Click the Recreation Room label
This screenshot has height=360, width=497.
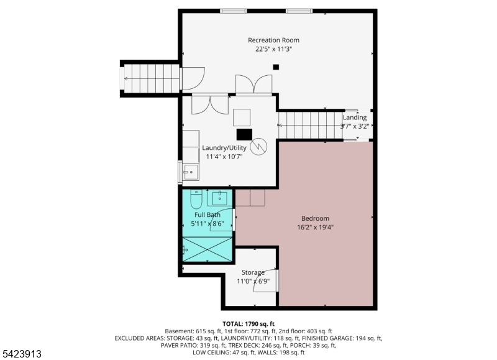[x=273, y=40]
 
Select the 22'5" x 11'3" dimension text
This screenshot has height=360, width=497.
[x=273, y=49]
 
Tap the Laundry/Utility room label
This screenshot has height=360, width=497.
[x=224, y=148]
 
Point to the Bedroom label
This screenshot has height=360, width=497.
[x=315, y=218]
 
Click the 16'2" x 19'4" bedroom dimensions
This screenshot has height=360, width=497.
[x=315, y=227]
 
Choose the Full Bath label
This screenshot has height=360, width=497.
[x=207, y=215]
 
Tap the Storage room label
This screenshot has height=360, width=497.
[x=253, y=272]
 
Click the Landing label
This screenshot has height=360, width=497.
[x=355, y=118]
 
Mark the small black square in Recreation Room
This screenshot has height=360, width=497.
[x=276, y=67]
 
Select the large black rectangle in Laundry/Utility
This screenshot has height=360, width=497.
[x=244, y=134]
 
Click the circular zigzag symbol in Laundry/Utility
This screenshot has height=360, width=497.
[x=258, y=147]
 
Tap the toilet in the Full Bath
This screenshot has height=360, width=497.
[x=196, y=199]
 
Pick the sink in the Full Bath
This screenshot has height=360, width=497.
[x=219, y=198]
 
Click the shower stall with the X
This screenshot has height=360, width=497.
[x=207, y=249]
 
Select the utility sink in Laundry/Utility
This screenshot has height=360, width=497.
[x=191, y=172]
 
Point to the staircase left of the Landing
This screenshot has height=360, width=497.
[x=311, y=126]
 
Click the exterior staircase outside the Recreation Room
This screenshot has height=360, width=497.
[x=152, y=79]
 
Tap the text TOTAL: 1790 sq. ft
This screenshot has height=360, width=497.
[x=248, y=324]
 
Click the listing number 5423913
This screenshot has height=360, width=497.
[x=21, y=354]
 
